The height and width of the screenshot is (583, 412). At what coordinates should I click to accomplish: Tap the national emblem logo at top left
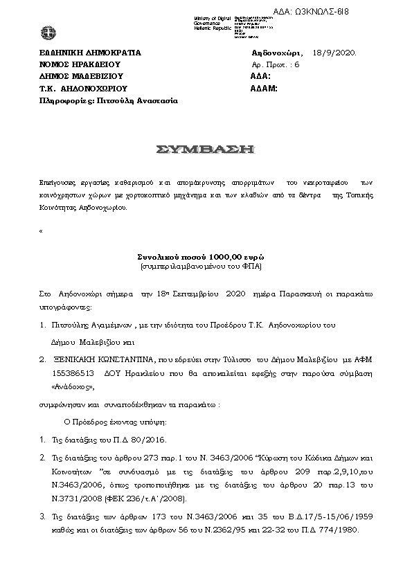(48, 32)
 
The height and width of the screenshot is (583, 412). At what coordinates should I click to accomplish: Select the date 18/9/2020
(334, 53)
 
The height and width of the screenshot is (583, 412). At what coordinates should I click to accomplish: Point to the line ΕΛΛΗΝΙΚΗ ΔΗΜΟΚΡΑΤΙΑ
(90, 53)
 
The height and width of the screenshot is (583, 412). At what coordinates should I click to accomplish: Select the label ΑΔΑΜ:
(263, 89)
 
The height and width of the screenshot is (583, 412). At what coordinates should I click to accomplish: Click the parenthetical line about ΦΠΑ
(204, 266)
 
